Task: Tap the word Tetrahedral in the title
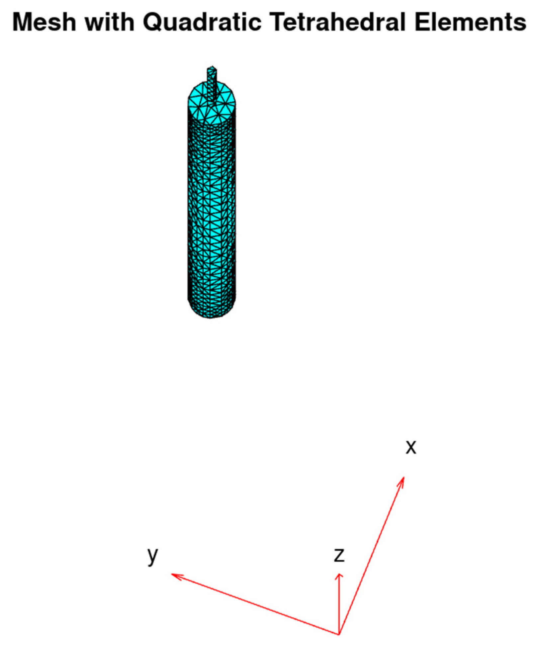pos(338,23)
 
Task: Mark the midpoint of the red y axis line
pos(255,604)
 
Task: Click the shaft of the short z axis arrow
pos(339,604)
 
